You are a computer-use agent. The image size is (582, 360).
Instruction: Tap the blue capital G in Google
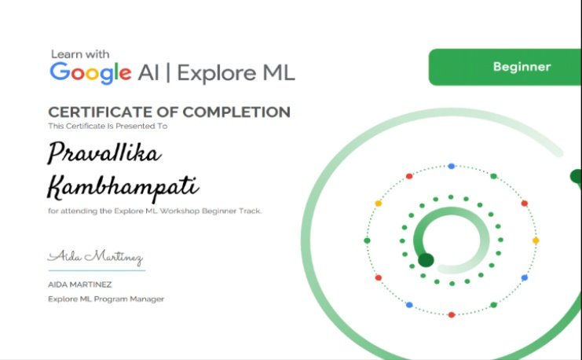pyautogui.click(x=60, y=72)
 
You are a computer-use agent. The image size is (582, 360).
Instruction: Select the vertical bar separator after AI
pyautogui.click(x=169, y=73)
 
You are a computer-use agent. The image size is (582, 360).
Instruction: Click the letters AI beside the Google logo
pyautogui.click(x=149, y=73)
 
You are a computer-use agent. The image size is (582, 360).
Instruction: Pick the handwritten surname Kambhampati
pyautogui.click(x=123, y=187)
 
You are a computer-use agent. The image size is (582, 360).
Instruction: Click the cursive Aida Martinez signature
pyautogui.click(x=95, y=257)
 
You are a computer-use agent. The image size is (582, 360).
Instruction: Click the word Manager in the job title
pyautogui.click(x=148, y=299)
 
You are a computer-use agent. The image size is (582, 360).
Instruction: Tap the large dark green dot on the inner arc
pyautogui.click(x=426, y=260)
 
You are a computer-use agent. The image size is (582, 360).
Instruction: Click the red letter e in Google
pyautogui.click(x=126, y=73)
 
